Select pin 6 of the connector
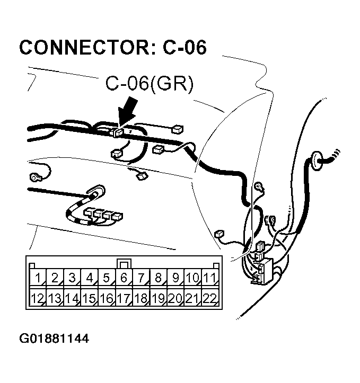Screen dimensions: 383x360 124,278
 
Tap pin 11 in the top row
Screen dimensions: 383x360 210,278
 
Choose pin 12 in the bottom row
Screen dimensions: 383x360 37,298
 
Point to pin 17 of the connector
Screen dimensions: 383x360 124,298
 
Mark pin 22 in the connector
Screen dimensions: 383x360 210,298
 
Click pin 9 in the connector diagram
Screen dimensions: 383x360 175,278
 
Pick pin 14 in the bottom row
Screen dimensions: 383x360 72,298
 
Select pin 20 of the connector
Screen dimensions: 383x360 175,298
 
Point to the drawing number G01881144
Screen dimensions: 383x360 54,337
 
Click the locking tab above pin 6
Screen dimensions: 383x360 124,263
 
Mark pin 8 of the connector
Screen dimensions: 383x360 158,278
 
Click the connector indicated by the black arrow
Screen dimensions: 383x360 118,132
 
